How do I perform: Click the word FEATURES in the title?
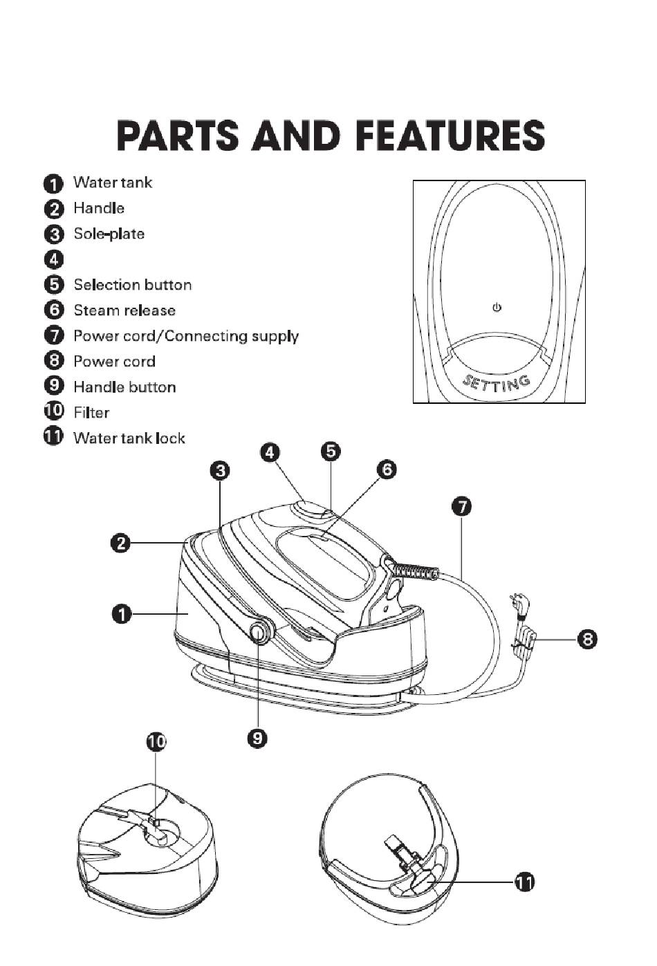click(451, 135)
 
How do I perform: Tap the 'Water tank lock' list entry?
click(129, 438)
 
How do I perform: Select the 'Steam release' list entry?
click(124, 310)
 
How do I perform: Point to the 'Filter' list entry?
click(91, 413)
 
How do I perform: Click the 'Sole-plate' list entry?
click(109, 234)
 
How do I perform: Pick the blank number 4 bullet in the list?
click(53, 259)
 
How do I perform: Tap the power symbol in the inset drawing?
click(497, 308)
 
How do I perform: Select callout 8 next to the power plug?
click(588, 639)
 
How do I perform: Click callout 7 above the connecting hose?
click(461, 507)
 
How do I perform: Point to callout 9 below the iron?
click(257, 739)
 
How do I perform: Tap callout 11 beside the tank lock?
click(525, 882)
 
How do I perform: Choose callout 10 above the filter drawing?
click(156, 742)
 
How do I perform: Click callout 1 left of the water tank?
click(122, 613)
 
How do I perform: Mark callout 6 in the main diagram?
click(387, 470)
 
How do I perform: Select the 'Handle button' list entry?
click(124, 387)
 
